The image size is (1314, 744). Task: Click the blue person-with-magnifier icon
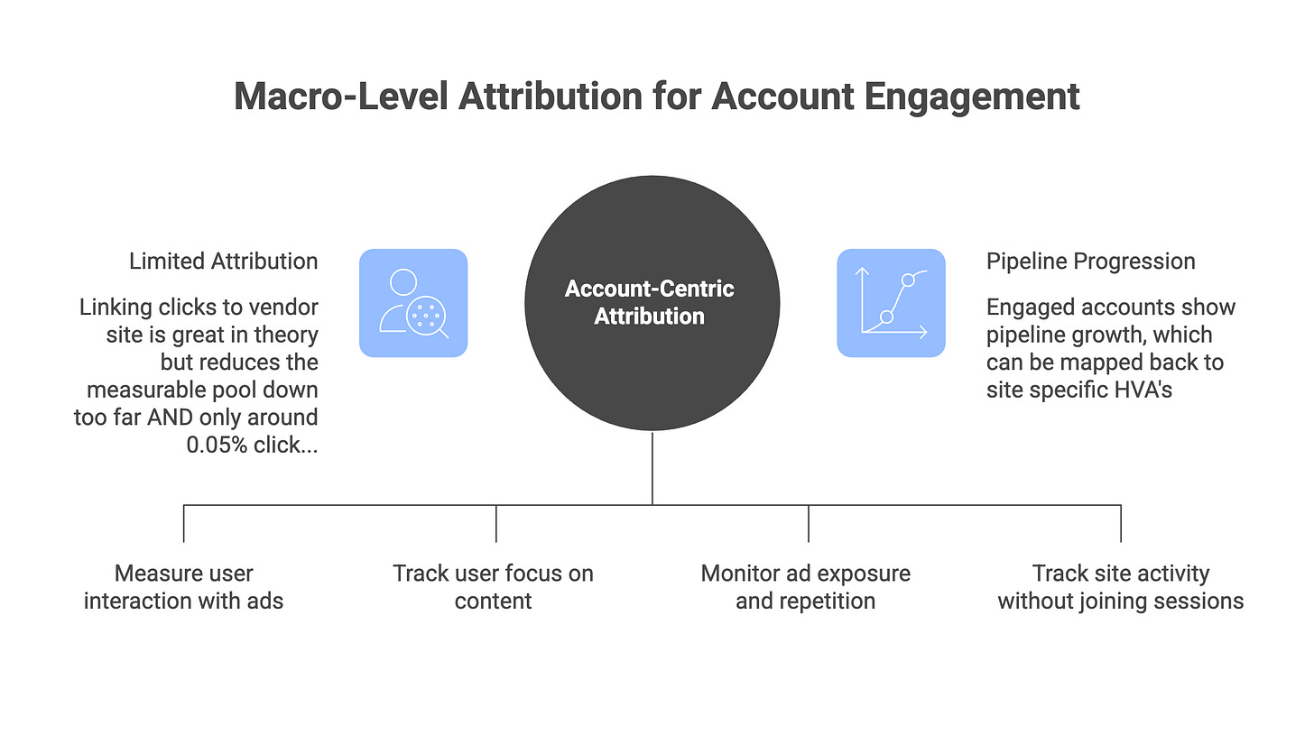[412, 303]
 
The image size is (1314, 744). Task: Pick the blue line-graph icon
[891, 303]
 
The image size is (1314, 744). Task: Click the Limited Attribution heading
[223, 262]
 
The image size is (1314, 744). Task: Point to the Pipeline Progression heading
[1090, 262]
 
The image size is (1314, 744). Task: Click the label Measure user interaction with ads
[183, 587]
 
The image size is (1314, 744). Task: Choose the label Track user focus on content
[494, 587]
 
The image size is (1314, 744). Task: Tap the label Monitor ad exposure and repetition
[806, 587]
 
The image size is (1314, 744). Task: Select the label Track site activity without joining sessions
[1120, 587]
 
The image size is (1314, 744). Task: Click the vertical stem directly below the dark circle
[652, 469]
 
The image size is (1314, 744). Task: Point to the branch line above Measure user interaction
[184, 523]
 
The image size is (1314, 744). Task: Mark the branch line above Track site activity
[1121, 523]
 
